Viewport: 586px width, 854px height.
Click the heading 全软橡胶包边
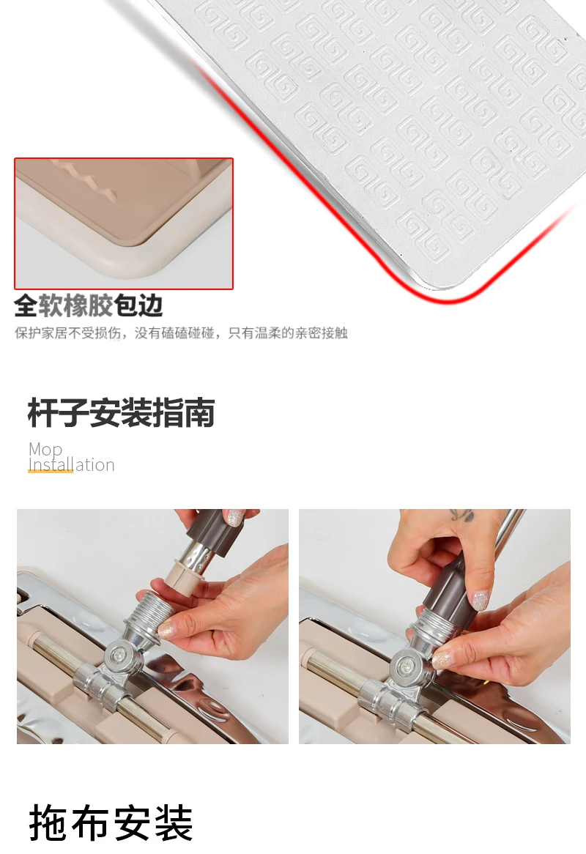[x=88, y=305]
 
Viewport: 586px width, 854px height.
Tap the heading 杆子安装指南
[x=121, y=413]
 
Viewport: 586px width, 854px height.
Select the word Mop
[x=45, y=449]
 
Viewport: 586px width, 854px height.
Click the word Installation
[x=71, y=464]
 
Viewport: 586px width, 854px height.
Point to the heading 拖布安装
[x=111, y=823]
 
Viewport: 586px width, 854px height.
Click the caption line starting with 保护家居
[x=181, y=333]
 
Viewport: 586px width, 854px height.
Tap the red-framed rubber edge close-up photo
[x=124, y=223]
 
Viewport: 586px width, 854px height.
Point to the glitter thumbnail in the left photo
[x=167, y=630]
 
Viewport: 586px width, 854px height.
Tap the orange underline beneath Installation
[x=50, y=471]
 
